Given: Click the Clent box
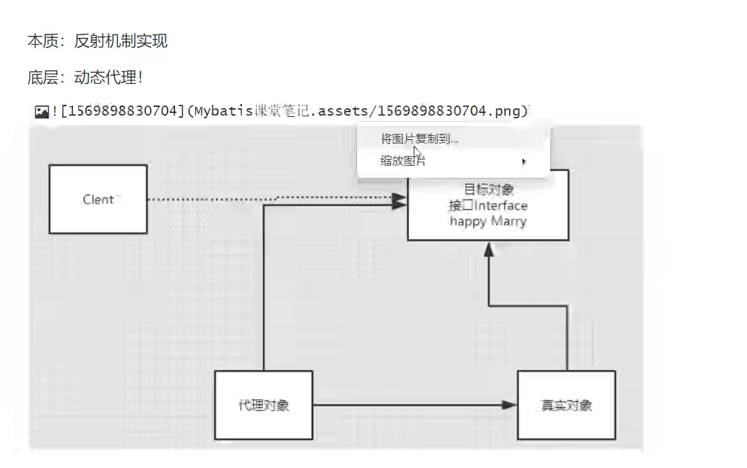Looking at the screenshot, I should pyautogui.click(x=98, y=200).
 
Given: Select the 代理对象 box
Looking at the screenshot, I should pyautogui.click(x=264, y=405).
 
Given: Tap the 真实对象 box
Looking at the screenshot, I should pyautogui.click(x=567, y=405).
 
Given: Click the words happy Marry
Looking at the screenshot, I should pyautogui.click(x=487, y=221).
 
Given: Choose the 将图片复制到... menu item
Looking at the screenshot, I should pyautogui.click(x=419, y=139).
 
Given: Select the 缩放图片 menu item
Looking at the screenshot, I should pyautogui.click(x=403, y=161).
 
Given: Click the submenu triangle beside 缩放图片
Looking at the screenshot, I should pyautogui.click(x=524, y=162).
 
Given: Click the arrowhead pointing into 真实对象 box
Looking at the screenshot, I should pyautogui.click(x=510, y=405).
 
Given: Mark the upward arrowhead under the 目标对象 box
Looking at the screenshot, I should pyautogui.click(x=489, y=249).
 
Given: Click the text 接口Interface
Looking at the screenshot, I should pyautogui.click(x=487, y=206).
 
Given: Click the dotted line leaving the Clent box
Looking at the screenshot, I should pyautogui.click(x=203, y=200).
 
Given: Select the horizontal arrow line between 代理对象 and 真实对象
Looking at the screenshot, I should pyautogui.click(x=406, y=405).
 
